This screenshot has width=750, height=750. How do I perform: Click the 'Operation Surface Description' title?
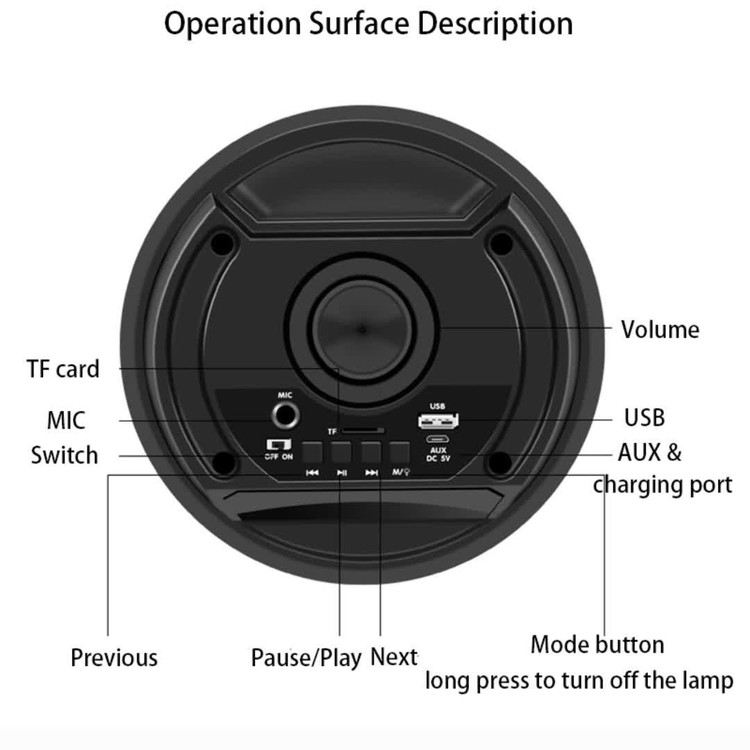(368, 23)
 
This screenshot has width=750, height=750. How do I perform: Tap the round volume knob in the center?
(363, 329)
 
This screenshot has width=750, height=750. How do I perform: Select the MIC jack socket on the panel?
(286, 415)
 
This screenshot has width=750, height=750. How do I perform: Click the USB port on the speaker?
(438, 420)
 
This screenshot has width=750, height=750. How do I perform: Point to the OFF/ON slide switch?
(278, 445)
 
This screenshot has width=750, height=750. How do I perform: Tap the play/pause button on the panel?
(342, 452)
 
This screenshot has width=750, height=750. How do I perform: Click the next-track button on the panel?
(371, 452)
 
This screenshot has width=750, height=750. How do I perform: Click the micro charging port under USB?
(437, 439)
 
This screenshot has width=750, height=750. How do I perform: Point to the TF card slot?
(363, 431)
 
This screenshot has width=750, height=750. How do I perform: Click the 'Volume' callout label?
(660, 330)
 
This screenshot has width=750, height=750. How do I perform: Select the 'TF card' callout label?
(63, 369)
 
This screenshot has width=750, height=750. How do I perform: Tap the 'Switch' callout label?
(65, 455)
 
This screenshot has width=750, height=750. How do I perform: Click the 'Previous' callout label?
(114, 657)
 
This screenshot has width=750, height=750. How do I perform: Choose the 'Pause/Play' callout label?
(306, 658)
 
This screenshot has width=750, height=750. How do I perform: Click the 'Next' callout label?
(394, 657)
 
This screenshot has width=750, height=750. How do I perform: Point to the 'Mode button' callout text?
(597, 644)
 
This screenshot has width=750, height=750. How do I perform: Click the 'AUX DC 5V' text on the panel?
(438, 454)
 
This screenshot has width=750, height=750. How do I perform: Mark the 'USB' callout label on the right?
(644, 418)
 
